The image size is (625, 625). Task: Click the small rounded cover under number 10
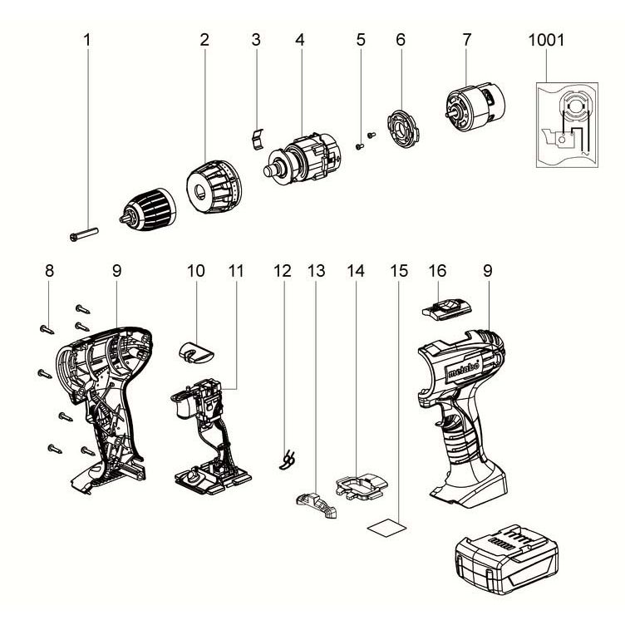pos(196,350)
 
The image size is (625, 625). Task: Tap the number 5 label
pos(360,39)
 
